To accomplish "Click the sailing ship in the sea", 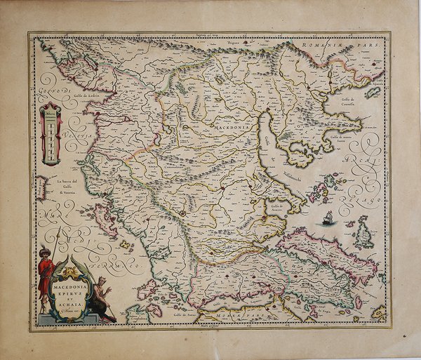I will click(x=328, y=218).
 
